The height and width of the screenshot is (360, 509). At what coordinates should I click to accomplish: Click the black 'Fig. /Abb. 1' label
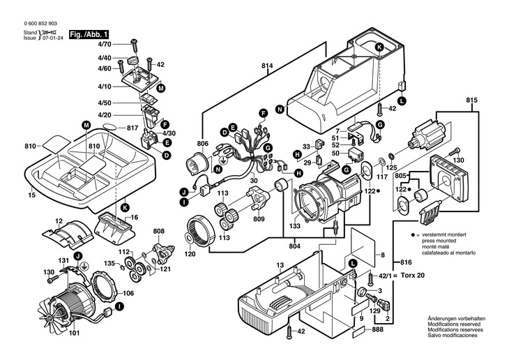click(87, 34)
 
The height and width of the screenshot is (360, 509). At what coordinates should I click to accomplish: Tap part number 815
click(473, 100)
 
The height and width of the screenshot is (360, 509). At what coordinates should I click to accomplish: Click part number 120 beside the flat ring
click(189, 255)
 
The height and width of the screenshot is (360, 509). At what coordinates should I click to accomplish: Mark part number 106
click(128, 293)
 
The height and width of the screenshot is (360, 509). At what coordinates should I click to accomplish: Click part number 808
click(159, 232)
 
